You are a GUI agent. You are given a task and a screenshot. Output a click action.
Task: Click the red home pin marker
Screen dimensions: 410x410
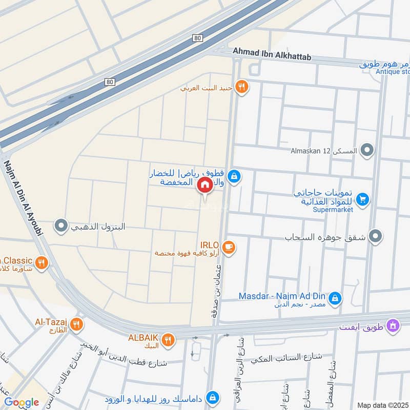[x=204, y=185]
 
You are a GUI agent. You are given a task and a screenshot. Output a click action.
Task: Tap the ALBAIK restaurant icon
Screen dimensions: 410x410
[x=167, y=338]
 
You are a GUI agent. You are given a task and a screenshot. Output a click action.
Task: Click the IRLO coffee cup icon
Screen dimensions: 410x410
[x=229, y=248]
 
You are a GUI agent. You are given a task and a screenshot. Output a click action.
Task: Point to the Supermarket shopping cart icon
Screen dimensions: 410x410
[x=363, y=199]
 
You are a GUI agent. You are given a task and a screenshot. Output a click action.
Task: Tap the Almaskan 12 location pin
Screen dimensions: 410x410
[x=366, y=151]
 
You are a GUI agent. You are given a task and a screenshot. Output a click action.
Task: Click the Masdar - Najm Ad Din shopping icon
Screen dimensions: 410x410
[x=335, y=297]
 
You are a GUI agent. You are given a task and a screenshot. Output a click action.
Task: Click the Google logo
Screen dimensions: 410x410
[x=22, y=402]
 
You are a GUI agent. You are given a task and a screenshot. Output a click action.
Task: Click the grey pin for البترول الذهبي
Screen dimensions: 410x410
[x=61, y=225]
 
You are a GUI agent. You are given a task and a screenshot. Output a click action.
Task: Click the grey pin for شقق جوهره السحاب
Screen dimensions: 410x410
[x=376, y=236]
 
